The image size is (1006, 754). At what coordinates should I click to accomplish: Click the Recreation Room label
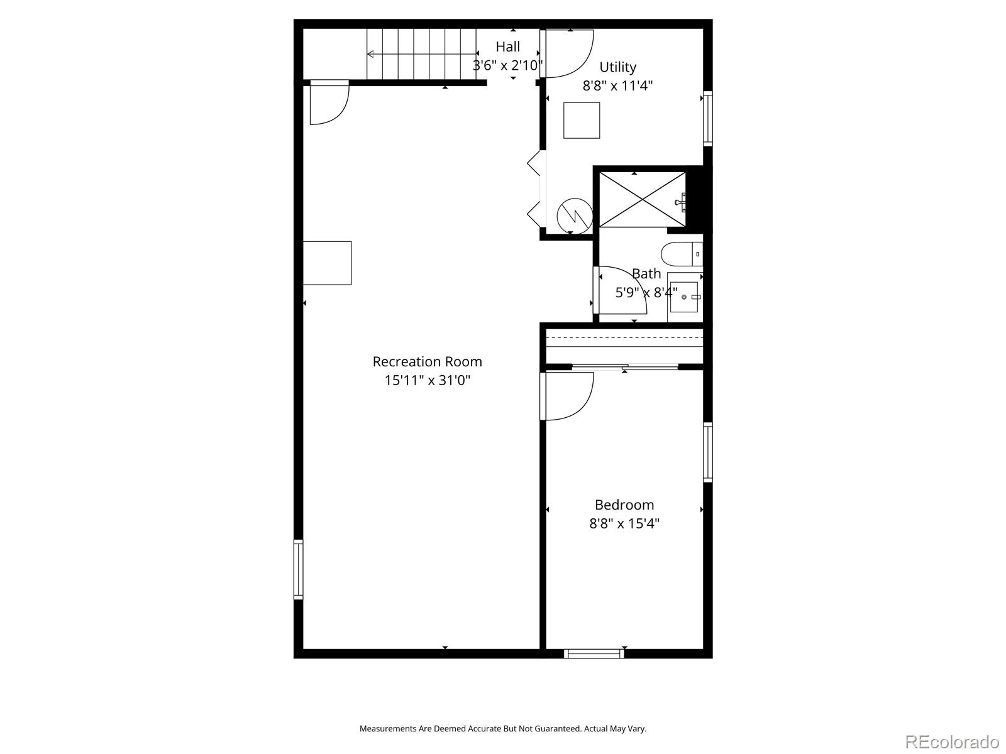(x=427, y=361)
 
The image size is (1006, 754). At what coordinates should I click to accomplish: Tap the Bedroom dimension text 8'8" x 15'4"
(x=624, y=523)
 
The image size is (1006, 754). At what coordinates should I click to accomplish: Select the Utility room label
(x=617, y=67)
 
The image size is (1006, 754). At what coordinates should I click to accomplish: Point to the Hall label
(x=507, y=46)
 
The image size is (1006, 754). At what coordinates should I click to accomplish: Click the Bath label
(x=646, y=273)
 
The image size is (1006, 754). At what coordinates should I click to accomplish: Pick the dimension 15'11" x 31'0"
(x=427, y=380)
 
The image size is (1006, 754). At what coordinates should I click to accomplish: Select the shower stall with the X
(x=641, y=199)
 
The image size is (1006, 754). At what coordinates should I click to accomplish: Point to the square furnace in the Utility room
(x=582, y=120)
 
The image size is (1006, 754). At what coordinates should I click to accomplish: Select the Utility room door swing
(x=567, y=54)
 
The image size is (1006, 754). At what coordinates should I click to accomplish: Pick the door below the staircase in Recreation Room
(x=328, y=102)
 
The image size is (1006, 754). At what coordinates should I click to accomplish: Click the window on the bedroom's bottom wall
(x=594, y=653)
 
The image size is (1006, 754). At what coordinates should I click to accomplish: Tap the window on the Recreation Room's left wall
(x=299, y=569)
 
